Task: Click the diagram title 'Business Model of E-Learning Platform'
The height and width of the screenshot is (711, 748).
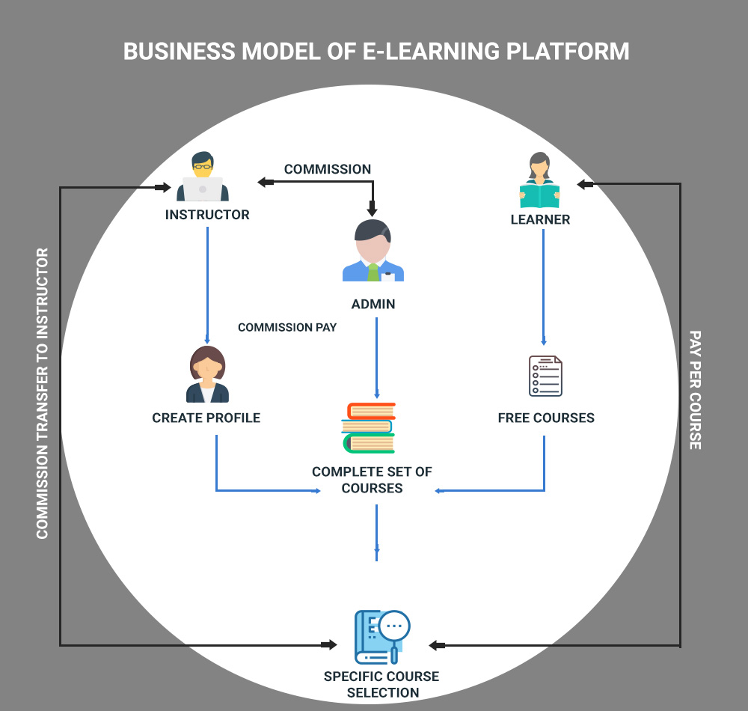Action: coord(375,52)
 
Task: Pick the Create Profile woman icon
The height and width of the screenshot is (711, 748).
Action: coord(207,375)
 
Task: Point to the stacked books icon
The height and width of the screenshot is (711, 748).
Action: coord(368,428)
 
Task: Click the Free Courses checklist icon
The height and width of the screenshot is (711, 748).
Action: coord(545,376)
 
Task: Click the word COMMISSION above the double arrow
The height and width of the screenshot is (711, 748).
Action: coord(328,169)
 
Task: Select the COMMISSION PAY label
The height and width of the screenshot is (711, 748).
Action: coord(287,327)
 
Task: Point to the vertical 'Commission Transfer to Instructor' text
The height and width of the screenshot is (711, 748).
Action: coord(42,393)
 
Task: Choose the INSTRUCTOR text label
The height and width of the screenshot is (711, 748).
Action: coord(207,215)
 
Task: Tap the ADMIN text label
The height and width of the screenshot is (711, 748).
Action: coord(373,305)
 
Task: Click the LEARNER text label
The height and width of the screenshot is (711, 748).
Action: coord(540,220)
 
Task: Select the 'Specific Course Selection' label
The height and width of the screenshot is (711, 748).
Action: coord(382,684)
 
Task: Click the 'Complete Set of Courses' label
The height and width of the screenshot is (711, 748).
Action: coord(372,480)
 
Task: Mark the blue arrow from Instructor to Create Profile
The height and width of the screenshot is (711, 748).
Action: coord(207,284)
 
